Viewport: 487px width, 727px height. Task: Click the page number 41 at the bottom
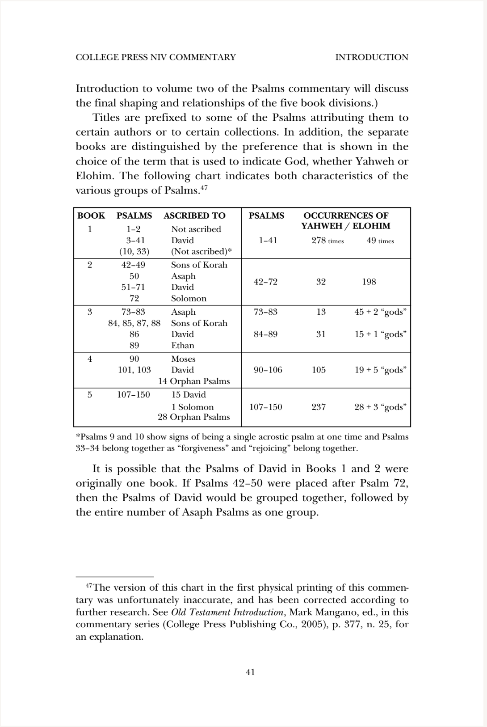tap(250, 672)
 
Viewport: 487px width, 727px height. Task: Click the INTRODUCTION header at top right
tap(372, 57)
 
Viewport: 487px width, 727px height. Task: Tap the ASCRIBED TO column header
tap(194, 216)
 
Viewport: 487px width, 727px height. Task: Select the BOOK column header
tap(91, 216)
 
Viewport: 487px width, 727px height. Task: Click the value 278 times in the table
tap(327, 241)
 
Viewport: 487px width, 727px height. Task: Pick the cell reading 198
tap(369, 282)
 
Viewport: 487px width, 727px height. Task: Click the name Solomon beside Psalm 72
tap(189, 298)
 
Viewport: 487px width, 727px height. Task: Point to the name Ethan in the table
tap(183, 345)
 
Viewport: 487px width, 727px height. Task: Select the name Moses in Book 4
tap(183, 359)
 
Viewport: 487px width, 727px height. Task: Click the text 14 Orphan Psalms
tap(194, 381)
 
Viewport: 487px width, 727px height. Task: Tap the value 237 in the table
tap(319, 407)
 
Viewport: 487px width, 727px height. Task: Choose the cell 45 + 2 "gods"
tap(380, 312)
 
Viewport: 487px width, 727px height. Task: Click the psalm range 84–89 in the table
tap(265, 334)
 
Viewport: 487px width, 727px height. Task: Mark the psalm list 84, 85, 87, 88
tap(134, 323)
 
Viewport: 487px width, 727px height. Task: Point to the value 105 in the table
tap(319, 370)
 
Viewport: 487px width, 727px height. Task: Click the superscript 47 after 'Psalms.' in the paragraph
tap(204, 188)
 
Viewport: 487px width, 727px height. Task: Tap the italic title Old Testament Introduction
tap(227, 612)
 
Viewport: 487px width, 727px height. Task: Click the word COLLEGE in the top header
tap(97, 57)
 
